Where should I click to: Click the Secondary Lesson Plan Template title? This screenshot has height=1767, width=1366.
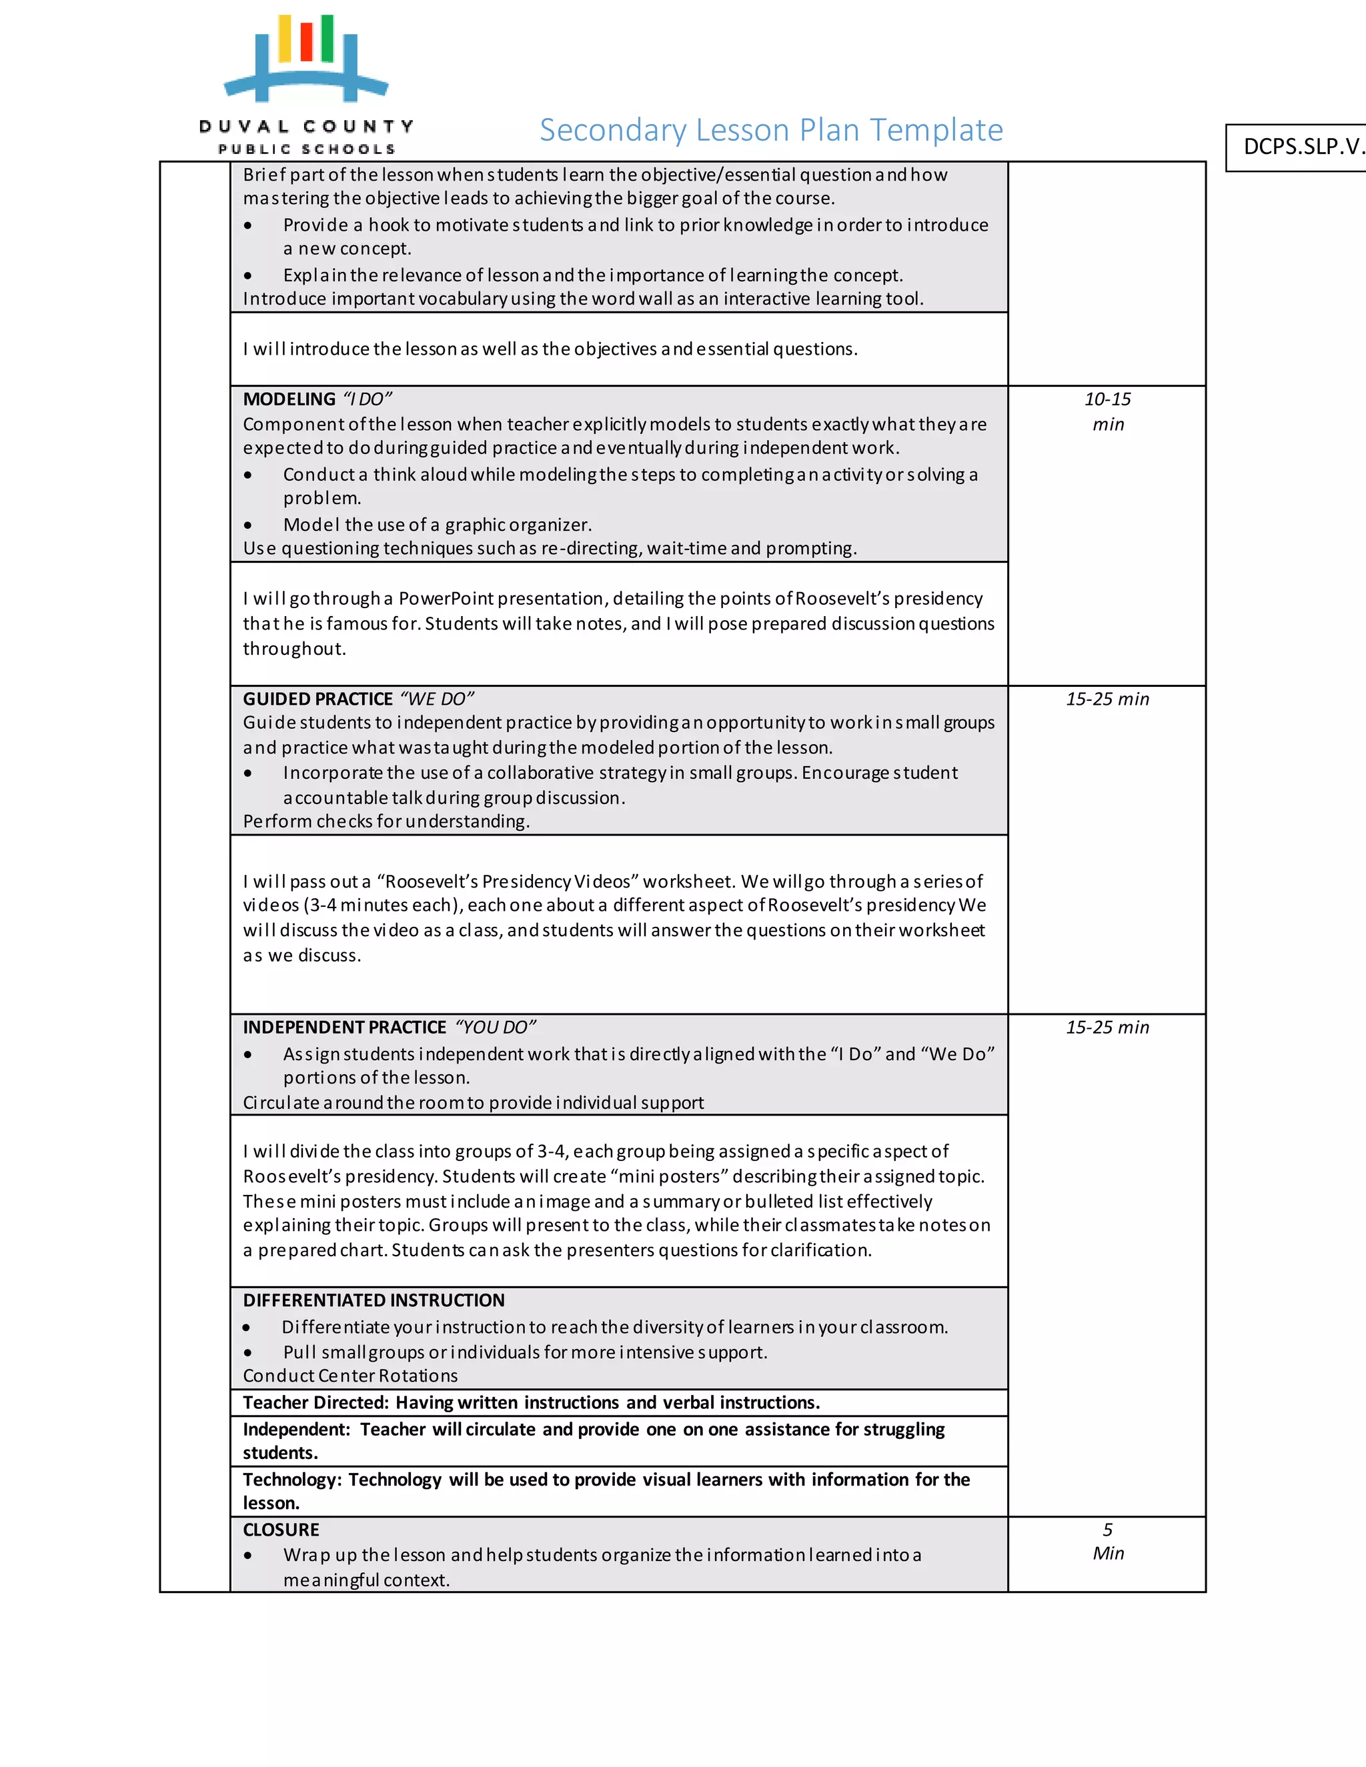point(770,130)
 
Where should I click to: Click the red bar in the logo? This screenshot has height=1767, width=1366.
point(306,42)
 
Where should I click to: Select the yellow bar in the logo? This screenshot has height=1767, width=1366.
point(285,39)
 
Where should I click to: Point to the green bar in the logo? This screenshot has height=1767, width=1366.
point(327,38)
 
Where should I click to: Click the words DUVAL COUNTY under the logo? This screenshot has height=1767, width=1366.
point(307,126)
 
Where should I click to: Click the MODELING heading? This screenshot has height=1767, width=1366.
point(289,399)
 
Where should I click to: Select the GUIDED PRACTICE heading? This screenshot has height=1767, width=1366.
point(317,699)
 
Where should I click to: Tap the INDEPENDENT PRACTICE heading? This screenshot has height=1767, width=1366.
point(344,1028)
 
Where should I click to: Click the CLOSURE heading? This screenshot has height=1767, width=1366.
point(281,1530)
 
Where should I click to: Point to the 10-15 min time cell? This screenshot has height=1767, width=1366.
point(1107,411)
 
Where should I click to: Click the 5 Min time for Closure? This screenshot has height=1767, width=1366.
point(1107,1541)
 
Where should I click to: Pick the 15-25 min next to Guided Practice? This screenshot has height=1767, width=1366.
point(1107,699)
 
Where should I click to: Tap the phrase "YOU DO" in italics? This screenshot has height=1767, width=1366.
point(496,1028)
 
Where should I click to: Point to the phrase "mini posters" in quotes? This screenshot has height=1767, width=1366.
point(669,1176)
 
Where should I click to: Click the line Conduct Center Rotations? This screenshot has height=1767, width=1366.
point(350,1376)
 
